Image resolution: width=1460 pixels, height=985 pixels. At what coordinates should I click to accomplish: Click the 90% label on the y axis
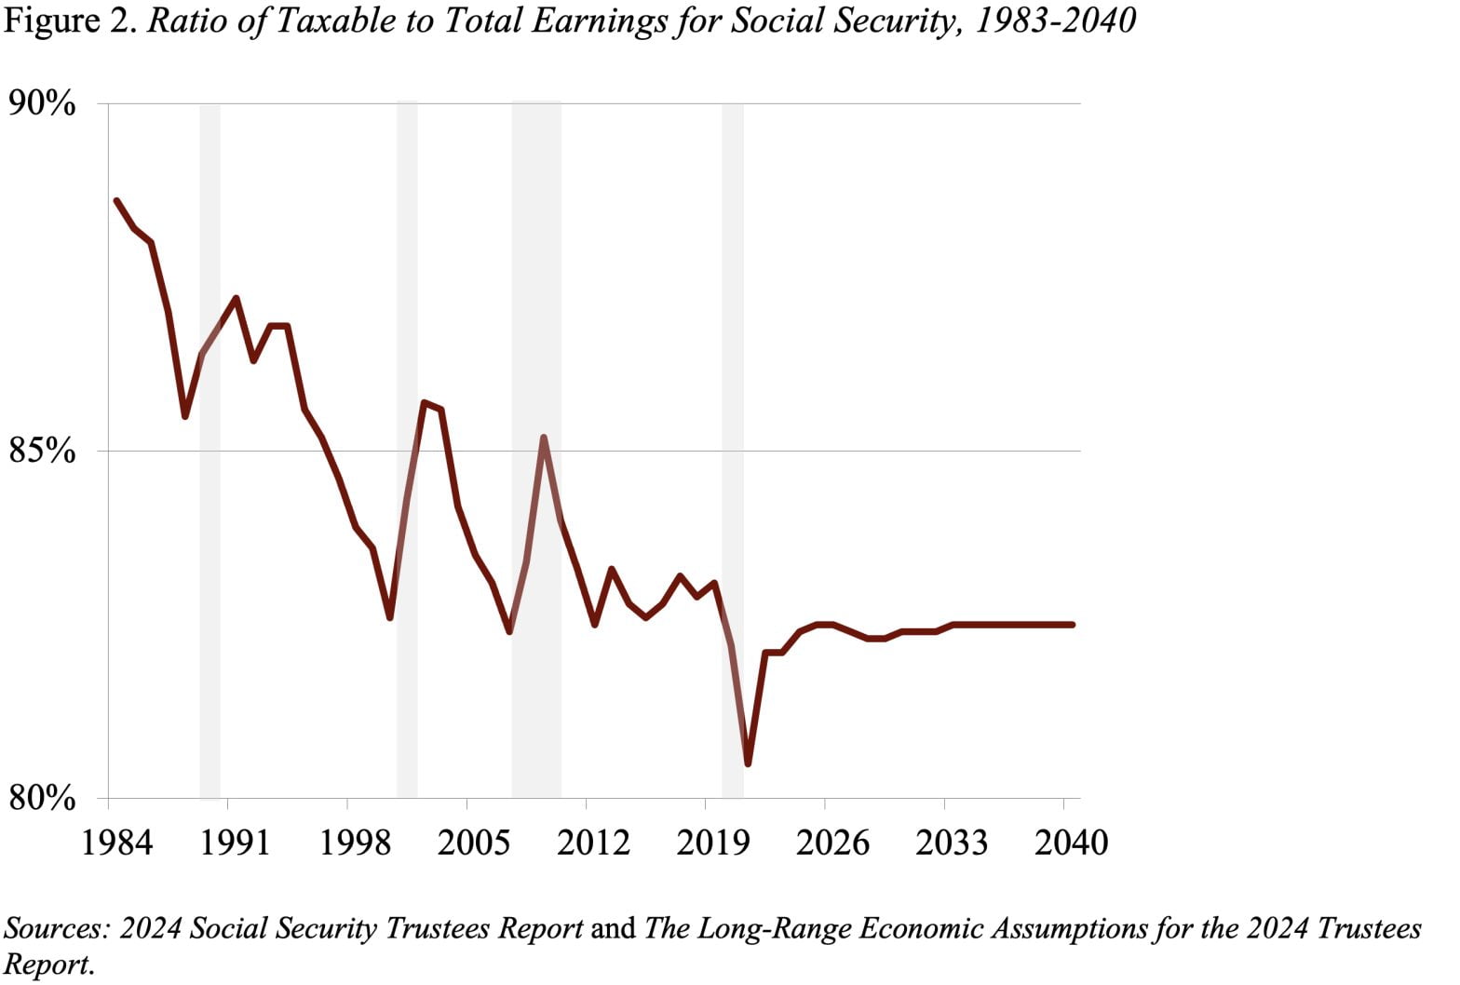point(42,102)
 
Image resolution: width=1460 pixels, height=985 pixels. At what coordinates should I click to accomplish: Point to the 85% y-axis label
point(42,451)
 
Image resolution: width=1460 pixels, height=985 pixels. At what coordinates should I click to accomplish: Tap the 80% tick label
point(42,798)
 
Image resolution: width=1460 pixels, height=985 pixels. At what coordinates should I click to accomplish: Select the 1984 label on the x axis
point(117,843)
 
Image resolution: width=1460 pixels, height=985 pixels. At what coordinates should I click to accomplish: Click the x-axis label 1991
point(236,843)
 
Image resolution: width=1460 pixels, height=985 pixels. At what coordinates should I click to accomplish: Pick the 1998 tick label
point(355,843)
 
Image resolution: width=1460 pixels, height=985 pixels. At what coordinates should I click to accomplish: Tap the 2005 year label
point(474,843)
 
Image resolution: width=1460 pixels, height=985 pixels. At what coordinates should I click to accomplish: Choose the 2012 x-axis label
point(593,843)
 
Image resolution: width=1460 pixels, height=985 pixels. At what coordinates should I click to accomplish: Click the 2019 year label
point(712,843)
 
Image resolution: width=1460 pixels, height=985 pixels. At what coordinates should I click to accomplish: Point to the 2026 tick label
point(832,843)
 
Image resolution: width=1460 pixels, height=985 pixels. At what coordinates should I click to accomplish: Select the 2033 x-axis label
point(952,843)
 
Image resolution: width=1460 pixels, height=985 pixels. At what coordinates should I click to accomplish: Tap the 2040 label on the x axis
point(1071,843)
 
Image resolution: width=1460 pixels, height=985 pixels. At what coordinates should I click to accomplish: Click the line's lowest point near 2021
point(748,763)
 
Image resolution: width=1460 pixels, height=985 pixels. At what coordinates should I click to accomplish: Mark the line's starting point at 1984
point(116,201)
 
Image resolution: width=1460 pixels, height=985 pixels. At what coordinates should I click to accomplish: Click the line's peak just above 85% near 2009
point(543,438)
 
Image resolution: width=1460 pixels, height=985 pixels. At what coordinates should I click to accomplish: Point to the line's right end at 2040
point(1072,625)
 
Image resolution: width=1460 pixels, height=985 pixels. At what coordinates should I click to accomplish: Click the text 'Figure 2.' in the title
point(72,20)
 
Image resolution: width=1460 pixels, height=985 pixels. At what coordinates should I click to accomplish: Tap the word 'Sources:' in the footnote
point(58,928)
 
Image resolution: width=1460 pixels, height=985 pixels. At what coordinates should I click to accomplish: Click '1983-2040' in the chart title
point(1054,20)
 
